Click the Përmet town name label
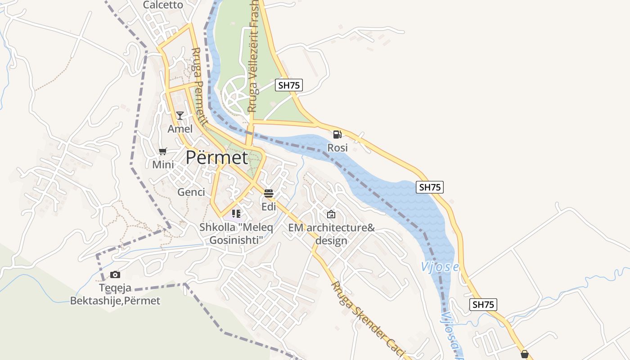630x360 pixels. (217, 158)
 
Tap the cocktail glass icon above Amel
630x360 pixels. (180, 116)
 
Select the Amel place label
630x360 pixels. (180, 129)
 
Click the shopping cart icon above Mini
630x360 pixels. (163, 151)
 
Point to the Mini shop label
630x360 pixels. (163, 165)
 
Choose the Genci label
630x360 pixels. (191, 192)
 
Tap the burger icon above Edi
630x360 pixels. (269, 193)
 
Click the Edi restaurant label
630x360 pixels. (269, 207)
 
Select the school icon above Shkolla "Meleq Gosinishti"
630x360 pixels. (236, 214)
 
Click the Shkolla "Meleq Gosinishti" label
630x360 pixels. (236, 234)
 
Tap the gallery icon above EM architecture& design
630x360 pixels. (331, 214)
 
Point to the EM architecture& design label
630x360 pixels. (331, 234)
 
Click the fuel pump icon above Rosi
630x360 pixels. (337, 135)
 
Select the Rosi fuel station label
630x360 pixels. (337, 148)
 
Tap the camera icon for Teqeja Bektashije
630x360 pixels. (115, 274)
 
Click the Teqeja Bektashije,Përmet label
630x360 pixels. (115, 294)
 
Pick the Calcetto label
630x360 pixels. (163, 5)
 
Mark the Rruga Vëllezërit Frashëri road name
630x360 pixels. (253, 56)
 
